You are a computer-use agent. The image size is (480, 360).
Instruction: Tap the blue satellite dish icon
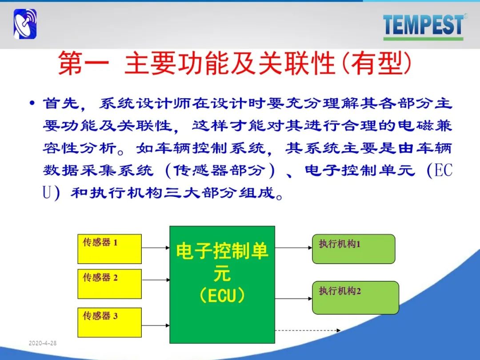click(25, 24)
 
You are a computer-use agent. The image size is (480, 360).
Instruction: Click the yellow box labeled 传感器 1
click(110, 249)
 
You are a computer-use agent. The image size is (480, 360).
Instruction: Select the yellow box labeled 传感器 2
click(110, 284)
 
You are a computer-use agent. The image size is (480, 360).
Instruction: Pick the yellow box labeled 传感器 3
click(110, 322)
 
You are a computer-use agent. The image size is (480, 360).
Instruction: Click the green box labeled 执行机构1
click(354, 249)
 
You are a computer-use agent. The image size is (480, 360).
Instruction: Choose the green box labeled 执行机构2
click(356, 297)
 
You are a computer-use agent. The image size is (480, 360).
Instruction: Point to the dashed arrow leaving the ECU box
click(308, 330)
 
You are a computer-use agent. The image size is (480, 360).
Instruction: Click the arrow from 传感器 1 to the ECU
click(156, 248)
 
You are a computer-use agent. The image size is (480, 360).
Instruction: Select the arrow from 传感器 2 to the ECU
click(156, 280)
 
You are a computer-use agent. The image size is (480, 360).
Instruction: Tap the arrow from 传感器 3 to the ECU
click(156, 325)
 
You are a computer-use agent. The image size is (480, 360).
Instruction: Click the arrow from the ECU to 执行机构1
click(294, 248)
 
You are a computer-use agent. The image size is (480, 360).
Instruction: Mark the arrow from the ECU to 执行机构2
click(294, 299)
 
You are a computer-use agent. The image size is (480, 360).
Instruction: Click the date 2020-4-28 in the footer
click(43, 343)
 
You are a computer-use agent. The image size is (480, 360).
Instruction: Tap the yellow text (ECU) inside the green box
click(222, 296)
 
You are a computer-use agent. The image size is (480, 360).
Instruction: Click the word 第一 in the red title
click(84, 64)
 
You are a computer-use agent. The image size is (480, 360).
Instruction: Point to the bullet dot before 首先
click(32, 103)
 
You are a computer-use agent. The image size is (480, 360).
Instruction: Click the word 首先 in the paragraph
click(61, 103)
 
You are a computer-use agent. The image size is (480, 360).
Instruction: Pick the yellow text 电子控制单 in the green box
click(222, 251)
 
